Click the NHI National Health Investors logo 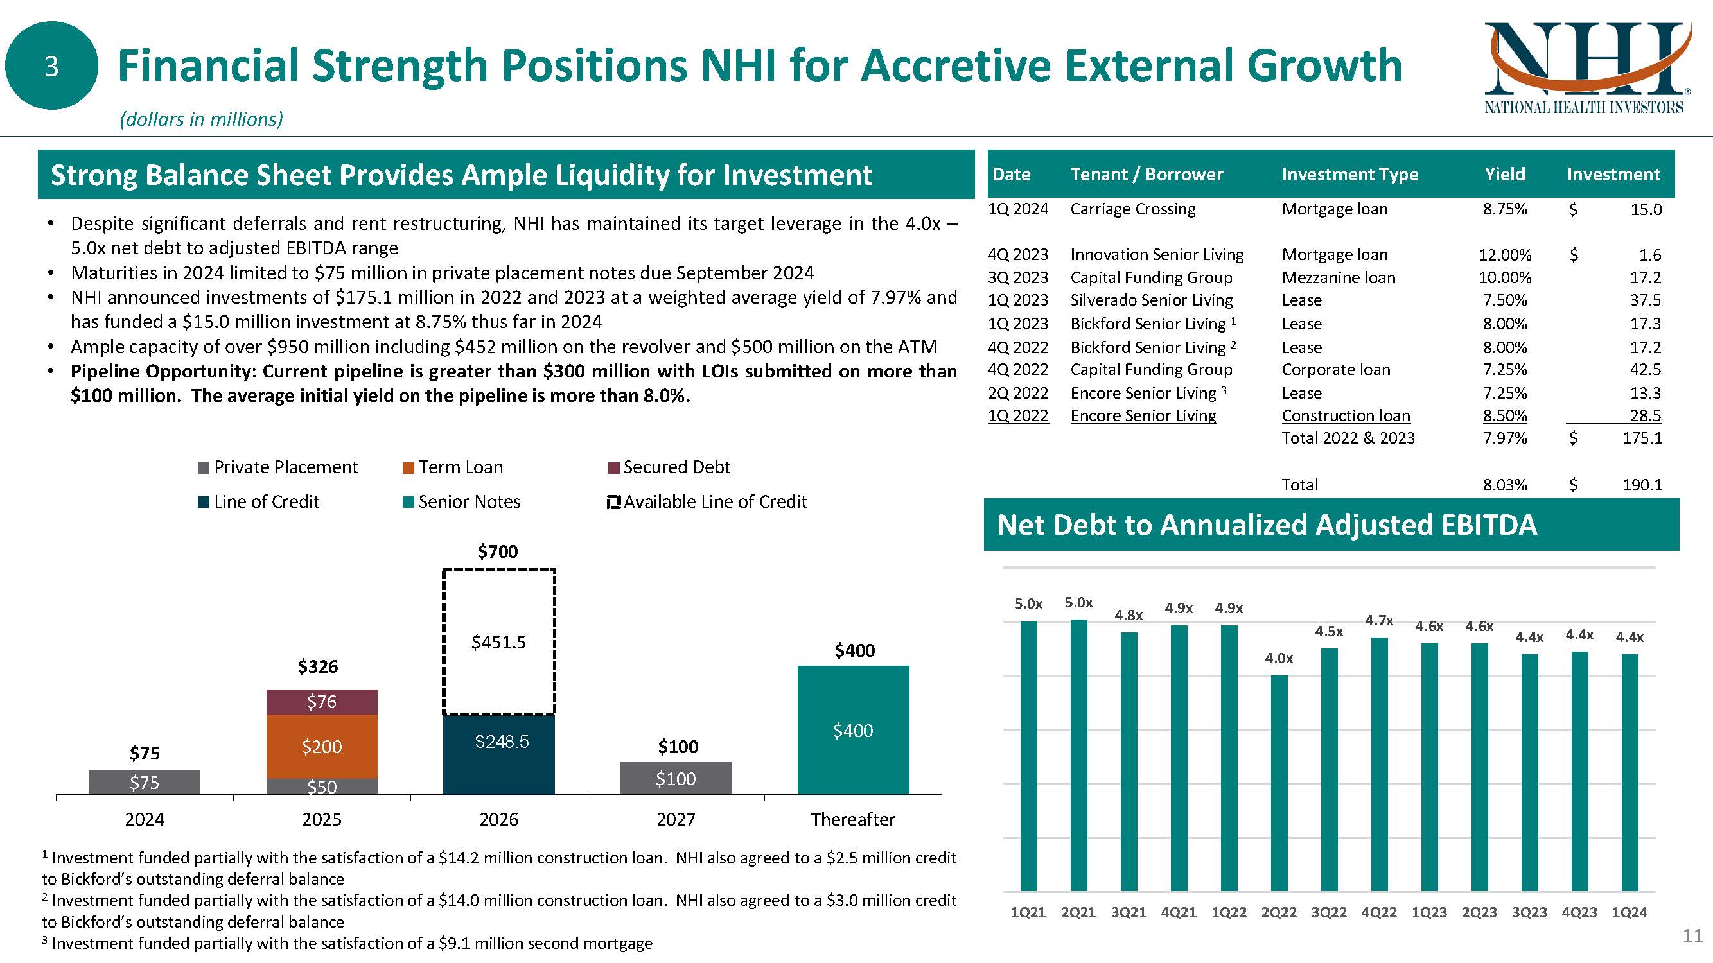pos(1584,69)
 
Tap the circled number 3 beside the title pos(51,65)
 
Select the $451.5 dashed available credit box pos(498,641)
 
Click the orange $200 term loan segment pos(322,747)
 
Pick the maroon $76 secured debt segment pos(322,702)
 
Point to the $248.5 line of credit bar pos(498,754)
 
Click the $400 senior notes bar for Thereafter pos(853,731)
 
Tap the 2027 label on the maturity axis pos(676,819)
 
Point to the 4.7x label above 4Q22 pos(1379,621)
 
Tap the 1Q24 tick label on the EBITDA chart pos(1630,912)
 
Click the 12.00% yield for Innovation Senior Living pos(1504,254)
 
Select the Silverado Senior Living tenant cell pos(1151,300)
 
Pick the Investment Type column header pos(1349,174)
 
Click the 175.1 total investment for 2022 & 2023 pos(1642,438)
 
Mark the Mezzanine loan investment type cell pos(1338,278)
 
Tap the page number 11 pos(1692,936)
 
